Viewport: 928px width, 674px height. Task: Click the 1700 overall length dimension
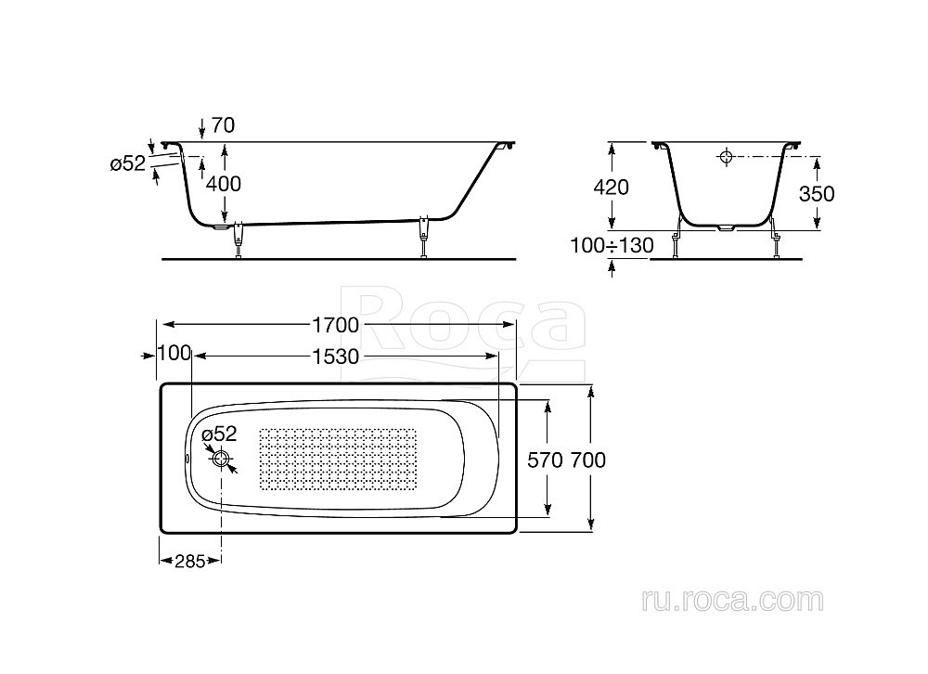click(x=336, y=325)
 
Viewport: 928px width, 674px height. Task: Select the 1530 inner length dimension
click(x=336, y=356)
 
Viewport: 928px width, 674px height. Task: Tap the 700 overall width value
click(x=588, y=460)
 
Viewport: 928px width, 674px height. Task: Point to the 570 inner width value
click(x=545, y=460)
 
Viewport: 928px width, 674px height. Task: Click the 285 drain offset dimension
click(x=189, y=561)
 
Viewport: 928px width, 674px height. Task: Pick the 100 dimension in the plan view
click(x=174, y=354)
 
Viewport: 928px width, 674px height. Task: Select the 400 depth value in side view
click(x=223, y=184)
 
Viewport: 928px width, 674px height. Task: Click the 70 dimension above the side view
click(x=223, y=125)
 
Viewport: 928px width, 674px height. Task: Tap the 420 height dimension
click(x=611, y=188)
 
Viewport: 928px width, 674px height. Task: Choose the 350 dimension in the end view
click(x=817, y=194)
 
